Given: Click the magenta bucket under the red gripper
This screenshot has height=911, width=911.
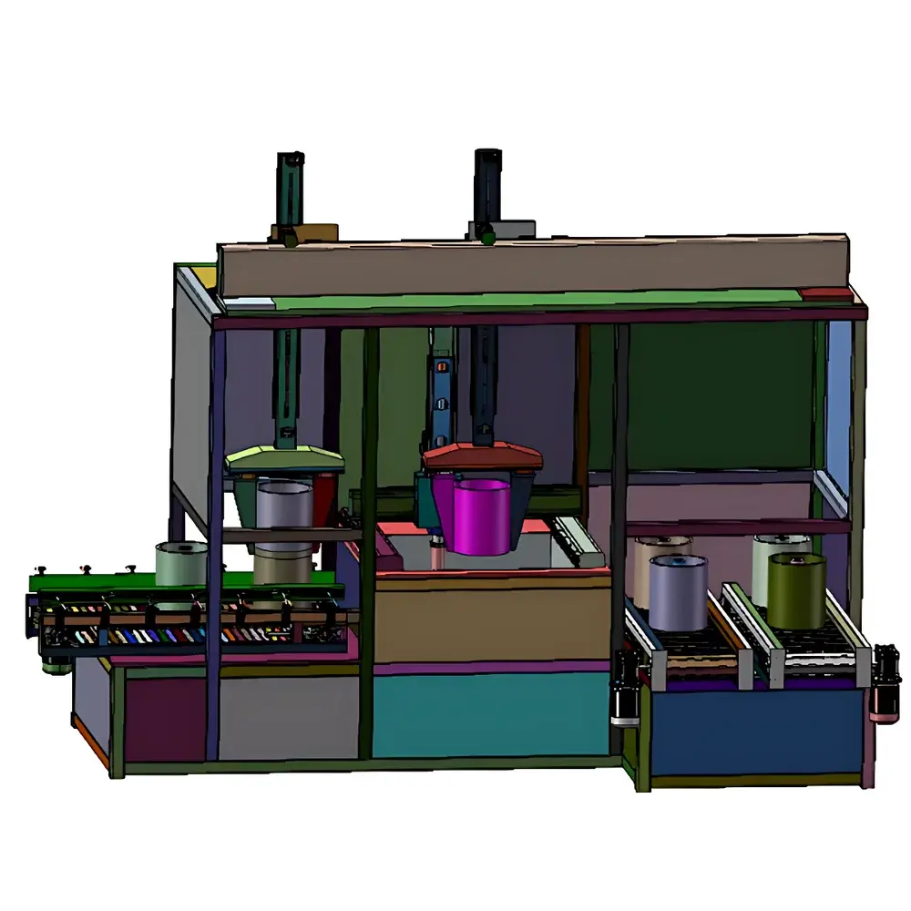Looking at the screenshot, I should [481, 516].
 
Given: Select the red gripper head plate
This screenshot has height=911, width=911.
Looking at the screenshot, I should [483, 456].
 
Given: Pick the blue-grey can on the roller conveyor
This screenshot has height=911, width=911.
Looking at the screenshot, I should [679, 594].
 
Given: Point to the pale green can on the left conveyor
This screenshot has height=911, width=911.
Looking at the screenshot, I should [181, 563].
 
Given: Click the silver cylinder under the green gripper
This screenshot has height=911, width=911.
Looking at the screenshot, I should [284, 506].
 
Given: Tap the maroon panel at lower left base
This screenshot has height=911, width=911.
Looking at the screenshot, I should [165, 720].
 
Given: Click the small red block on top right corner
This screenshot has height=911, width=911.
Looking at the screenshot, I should [825, 295].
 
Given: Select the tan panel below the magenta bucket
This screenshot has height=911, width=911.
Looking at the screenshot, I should [492, 624].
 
